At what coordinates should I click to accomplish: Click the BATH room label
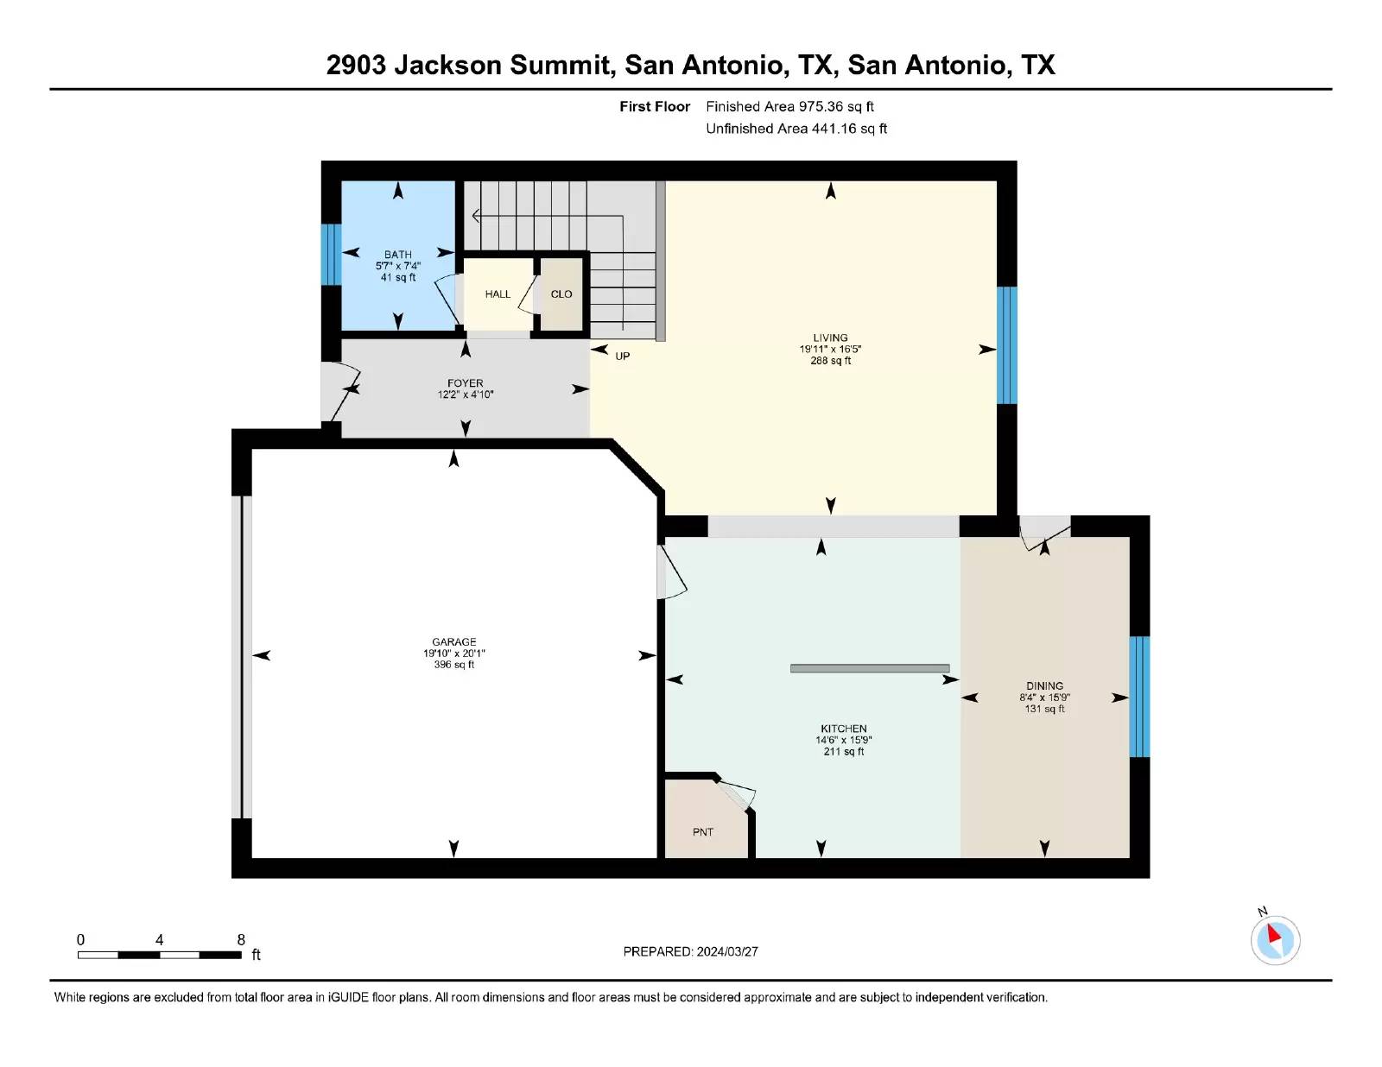pyautogui.click(x=397, y=254)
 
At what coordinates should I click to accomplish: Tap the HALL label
pyautogui.click(x=498, y=294)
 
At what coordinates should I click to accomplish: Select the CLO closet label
pyautogui.click(x=561, y=294)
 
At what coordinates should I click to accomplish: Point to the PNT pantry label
pyautogui.click(x=703, y=832)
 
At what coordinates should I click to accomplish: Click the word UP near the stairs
pyautogui.click(x=622, y=356)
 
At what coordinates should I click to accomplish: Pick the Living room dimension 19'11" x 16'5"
pyautogui.click(x=830, y=349)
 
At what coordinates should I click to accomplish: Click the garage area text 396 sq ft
pyautogui.click(x=453, y=665)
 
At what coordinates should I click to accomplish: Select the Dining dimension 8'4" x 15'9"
pyautogui.click(x=1044, y=698)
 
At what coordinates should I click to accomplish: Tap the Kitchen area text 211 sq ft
pyautogui.click(x=843, y=751)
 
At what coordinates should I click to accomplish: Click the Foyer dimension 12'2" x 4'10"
pyautogui.click(x=465, y=395)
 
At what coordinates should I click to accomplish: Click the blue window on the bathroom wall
pyautogui.click(x=331, y=254)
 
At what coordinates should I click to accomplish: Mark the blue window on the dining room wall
pyautogui.click(x=1139, y=697)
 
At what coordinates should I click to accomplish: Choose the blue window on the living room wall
pyautogui.click(x=1006, y=345)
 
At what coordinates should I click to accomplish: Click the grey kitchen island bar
pyautogui.click(x=870, y=668)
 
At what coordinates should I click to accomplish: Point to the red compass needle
pyautogui.click(x=1273, y=933)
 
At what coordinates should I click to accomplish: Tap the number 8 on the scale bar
pyautogui.click(x=240, y=940)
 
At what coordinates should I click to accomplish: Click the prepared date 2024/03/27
pyautogui.click(x=727, y=952)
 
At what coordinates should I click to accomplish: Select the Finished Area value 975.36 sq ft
pyautogui.click(x=836, y=107)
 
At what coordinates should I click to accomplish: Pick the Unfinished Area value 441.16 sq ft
pyautogui.click(x=849, y=129)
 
